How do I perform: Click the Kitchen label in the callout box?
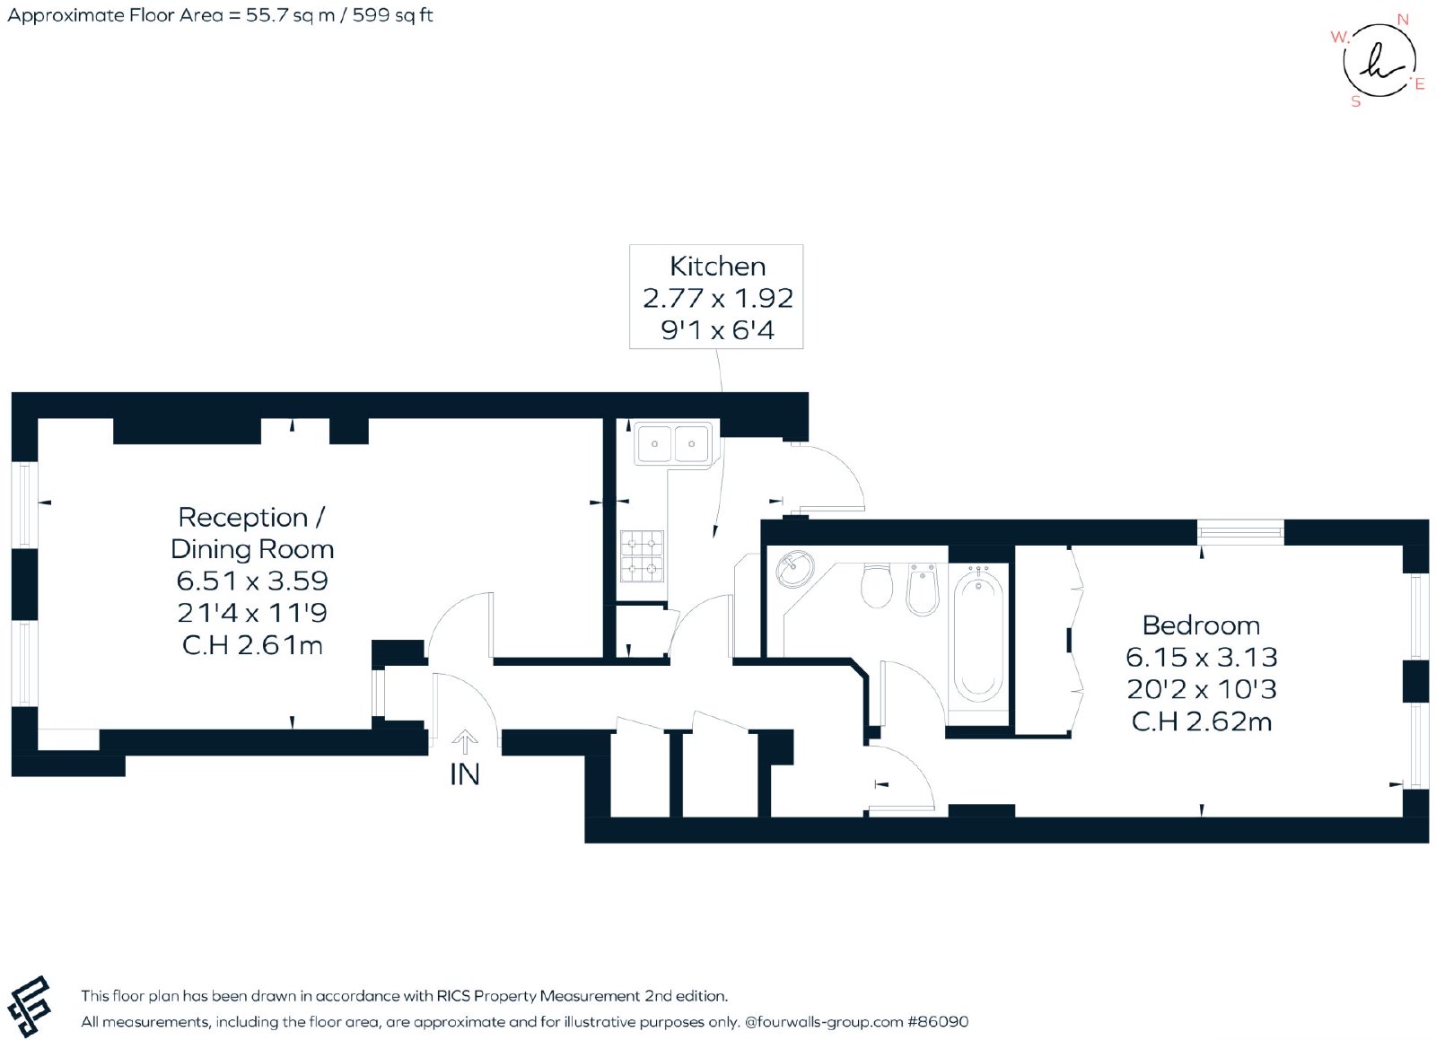pos(717,266)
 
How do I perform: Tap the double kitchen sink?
pos(673,442)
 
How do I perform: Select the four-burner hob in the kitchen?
pos(642,556)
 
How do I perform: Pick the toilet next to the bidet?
pos(876,586)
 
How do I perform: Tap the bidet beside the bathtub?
pos(924,590)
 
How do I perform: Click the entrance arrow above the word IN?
pos(464,742)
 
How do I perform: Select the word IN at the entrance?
pos(465,774)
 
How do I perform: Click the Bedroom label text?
pos(1202,625)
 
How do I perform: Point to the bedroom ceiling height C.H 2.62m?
pos(1202,721)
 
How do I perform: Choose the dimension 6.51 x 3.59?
pos(252,581)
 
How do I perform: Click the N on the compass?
pos(1403,20)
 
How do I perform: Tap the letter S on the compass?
pos(1355,102)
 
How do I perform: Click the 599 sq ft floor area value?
pos(392,14)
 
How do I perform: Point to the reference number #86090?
pos(937,1021)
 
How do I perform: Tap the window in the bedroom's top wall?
pos(1240,532)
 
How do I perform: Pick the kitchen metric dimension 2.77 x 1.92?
pos(717,298)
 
